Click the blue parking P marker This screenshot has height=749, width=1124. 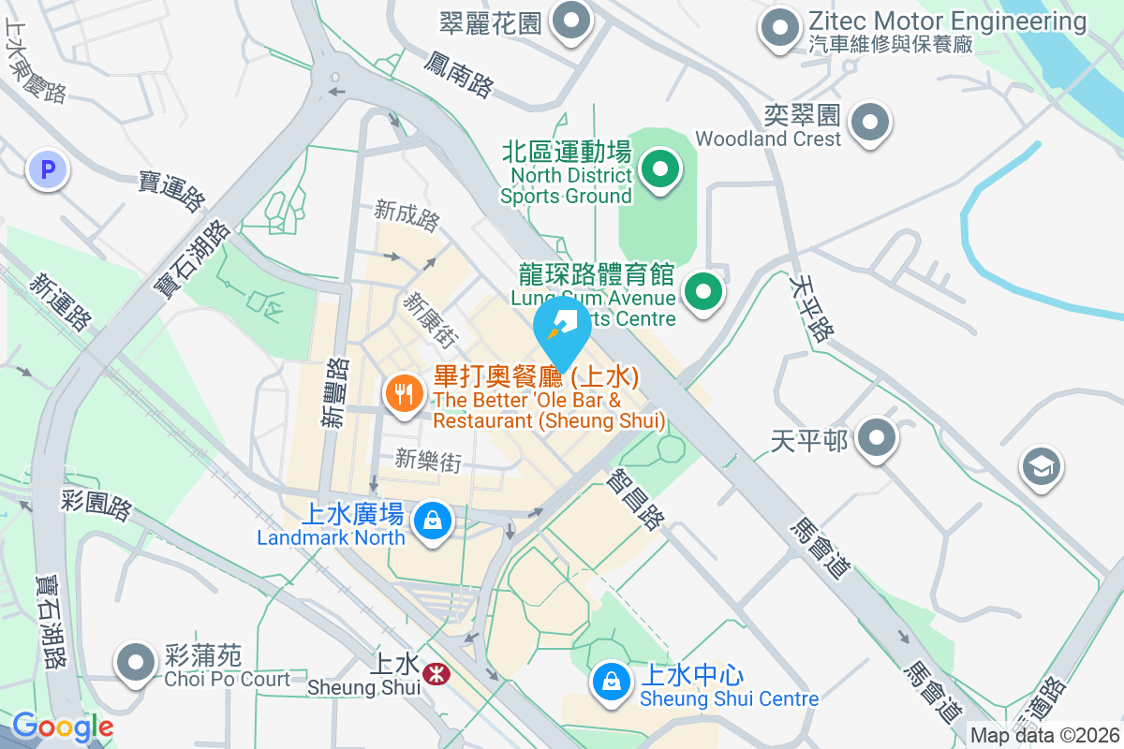[x=48, y=170]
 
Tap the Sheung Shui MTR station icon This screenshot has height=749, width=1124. [x=435, y=673]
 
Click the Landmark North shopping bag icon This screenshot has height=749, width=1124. [x=433, y=520]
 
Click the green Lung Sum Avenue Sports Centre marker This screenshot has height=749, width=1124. [x=703, y=292]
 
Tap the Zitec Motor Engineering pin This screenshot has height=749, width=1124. [x=780, y=28]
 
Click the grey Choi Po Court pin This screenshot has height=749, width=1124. [x=137, y=662]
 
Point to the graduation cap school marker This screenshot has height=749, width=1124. [x=1042, y=465]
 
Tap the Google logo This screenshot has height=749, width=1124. [x=63, y=727]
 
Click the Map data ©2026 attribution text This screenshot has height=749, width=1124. [x=1044, y=736]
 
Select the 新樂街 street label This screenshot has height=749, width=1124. [x=428, y=460]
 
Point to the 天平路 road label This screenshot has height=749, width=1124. [x=811, y=307]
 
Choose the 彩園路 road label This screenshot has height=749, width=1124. [x=97, y=505]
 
